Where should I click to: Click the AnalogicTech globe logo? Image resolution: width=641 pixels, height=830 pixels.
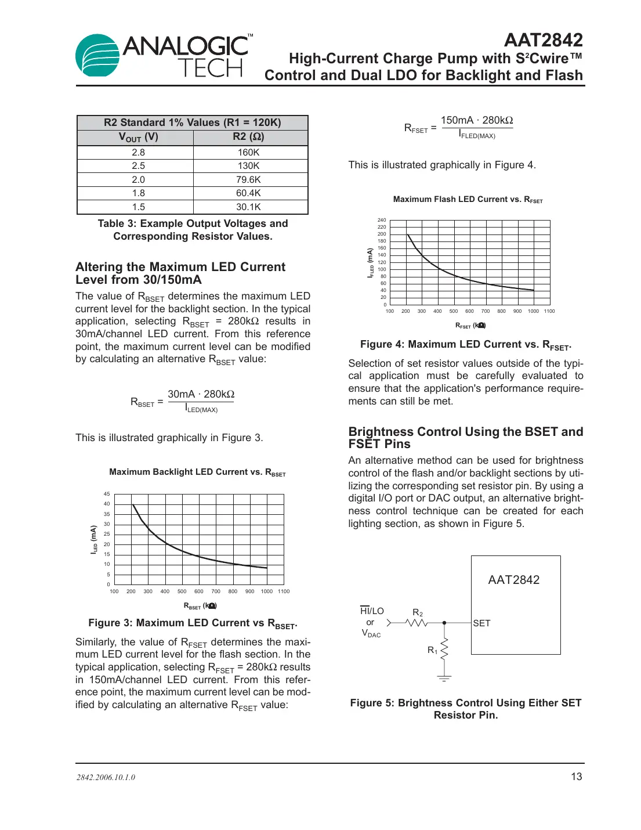(x=97, y=55)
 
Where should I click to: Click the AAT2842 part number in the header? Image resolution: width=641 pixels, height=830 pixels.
(x=543, y=40)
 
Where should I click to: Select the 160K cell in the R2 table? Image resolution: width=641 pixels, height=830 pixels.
(x=248, y=152)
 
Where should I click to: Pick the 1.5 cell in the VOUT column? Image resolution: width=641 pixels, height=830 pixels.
(x=138, y=207)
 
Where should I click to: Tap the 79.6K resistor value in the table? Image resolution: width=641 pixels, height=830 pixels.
(x=248, y=180)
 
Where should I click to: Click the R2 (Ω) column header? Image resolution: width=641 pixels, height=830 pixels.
(x=248, y=137)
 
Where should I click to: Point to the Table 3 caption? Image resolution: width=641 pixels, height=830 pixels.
(x=193, y=230)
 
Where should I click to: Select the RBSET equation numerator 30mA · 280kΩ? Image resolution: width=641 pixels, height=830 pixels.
(x=201, y=394)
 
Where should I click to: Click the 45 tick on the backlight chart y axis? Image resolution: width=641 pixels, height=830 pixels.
(x=107, y=494)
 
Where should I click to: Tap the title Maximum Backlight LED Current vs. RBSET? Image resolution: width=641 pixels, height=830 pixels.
(x=197, y=472)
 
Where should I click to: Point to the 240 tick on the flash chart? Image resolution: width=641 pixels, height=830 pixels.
(x=382, y=220)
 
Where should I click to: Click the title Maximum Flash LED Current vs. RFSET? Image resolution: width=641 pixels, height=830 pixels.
(x=468, y=200)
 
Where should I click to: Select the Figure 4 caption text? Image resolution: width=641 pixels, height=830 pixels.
(x=465, y=345)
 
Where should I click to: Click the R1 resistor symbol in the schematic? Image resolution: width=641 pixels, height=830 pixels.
(x=444, y=649)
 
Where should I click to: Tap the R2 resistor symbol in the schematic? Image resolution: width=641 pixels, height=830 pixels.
(x=417, y=623)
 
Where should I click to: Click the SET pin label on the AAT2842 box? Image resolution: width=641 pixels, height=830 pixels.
(x=481, y=623)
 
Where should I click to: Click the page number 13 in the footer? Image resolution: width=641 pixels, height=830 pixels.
(x=576, y=777)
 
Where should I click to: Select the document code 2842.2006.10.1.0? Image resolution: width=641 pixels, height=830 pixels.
(x=106, y=777)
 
